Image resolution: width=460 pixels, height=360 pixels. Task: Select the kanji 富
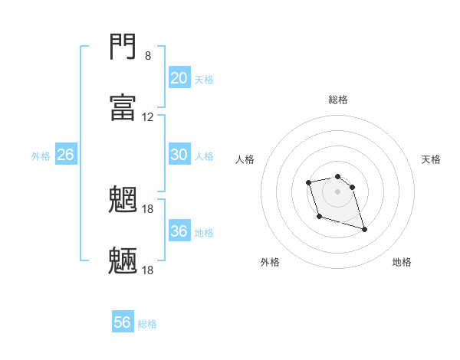pos(123,107)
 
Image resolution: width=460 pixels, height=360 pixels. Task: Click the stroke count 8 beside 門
pos(147,56)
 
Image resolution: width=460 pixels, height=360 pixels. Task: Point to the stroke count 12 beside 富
pos(148,117)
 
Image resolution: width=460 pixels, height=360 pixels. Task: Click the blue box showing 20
pos(179,78)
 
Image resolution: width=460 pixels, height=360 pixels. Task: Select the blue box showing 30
pos(179,155)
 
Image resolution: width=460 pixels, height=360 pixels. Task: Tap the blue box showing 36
pos(179,231)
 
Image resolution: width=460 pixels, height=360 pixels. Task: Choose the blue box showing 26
pos(66,155)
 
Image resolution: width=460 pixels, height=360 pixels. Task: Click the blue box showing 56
pos(123,322)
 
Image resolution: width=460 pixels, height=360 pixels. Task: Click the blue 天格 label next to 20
pos(204,79)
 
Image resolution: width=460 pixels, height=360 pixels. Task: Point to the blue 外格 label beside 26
pos(41,155)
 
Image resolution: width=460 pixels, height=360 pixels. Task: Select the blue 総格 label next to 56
pos(147,323)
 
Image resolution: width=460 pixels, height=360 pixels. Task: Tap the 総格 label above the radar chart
pos(338,100)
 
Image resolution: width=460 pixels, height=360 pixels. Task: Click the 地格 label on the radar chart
pos(402,262)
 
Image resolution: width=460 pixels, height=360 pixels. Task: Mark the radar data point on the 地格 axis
pos(364,229)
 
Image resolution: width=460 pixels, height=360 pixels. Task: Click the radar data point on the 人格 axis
pos(308,182)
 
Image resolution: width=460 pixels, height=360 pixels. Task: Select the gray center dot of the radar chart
pos(337,191)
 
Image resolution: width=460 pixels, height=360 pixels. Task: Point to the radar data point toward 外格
pos(319,217)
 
